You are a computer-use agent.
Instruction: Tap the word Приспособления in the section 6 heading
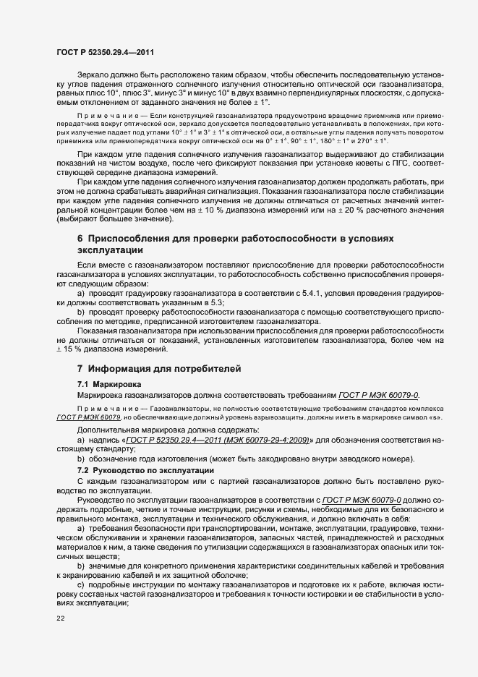135,239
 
